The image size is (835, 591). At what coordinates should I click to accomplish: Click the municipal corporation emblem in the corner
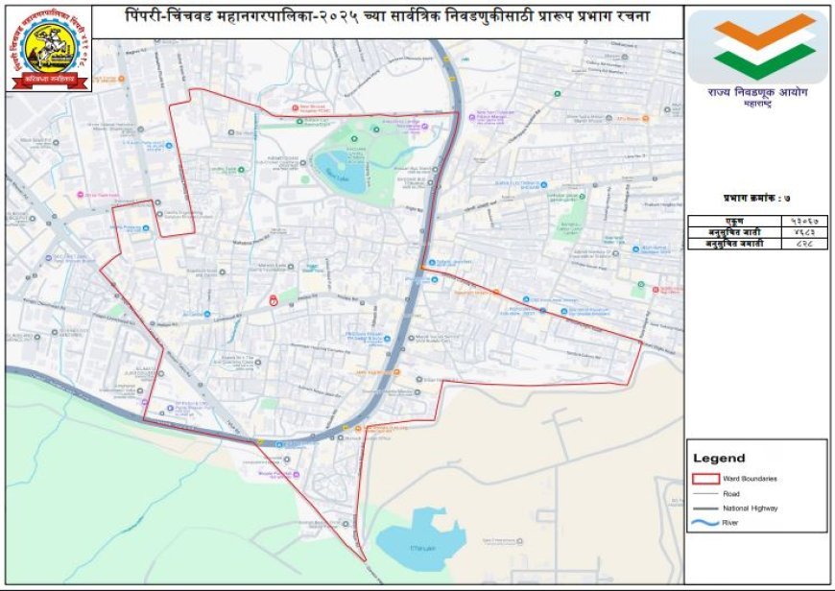(x=51, y=49)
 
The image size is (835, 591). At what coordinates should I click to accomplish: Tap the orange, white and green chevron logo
(x=757, y=47)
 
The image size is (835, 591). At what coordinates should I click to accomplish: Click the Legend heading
(x=719, y=459)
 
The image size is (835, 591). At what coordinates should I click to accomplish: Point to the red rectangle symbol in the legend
(x=705, y=477)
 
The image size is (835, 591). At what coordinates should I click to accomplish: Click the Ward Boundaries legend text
(x=750, y=478)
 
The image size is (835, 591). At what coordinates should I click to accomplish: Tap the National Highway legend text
(x=750, y=508)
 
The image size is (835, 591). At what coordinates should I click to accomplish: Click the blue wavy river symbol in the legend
(x=705, y=523)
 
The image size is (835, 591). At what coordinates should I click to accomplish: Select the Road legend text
(x=731, y=493)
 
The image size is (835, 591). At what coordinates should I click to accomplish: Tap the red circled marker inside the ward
(x=274, y=300)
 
